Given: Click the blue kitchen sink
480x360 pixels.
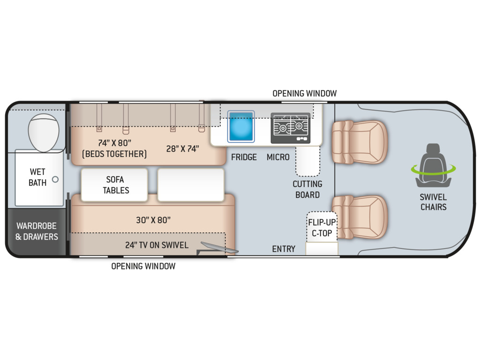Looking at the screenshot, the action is (241, 127).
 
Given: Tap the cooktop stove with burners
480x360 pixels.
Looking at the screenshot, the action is (291, 128).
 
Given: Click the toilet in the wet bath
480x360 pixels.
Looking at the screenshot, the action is (44, 133).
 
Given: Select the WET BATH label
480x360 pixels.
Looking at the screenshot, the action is (37, 177).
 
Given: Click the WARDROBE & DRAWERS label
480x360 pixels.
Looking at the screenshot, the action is (37, 232).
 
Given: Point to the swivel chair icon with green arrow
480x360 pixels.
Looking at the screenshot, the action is (433, 166).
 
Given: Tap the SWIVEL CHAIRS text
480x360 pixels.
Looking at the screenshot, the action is (433, 202).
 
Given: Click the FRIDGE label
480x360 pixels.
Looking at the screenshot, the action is (244, 157).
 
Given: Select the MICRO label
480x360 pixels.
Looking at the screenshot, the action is (278, 157).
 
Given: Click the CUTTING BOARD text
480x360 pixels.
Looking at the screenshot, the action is (307, 189).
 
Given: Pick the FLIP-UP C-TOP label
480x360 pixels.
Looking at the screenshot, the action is (322, 228).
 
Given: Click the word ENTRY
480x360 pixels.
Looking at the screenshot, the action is (284, 249).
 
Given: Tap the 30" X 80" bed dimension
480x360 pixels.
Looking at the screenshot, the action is (153, 220).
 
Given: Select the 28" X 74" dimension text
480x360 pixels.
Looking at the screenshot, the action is (182, 149).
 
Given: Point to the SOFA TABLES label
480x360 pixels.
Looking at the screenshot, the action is (116, 185).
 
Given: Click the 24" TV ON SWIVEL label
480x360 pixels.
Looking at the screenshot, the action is (157, 245).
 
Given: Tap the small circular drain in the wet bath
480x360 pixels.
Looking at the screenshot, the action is (55, 180).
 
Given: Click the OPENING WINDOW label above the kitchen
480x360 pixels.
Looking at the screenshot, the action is (305, 93).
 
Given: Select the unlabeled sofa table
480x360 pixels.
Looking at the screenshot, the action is (191, 185).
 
